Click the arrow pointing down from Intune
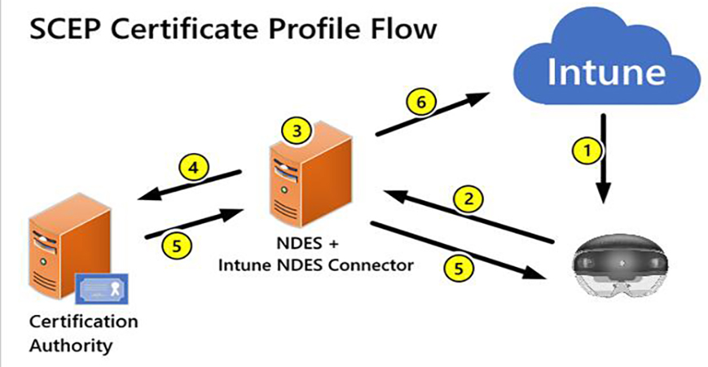[604, 158]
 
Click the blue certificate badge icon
[102, 286]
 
